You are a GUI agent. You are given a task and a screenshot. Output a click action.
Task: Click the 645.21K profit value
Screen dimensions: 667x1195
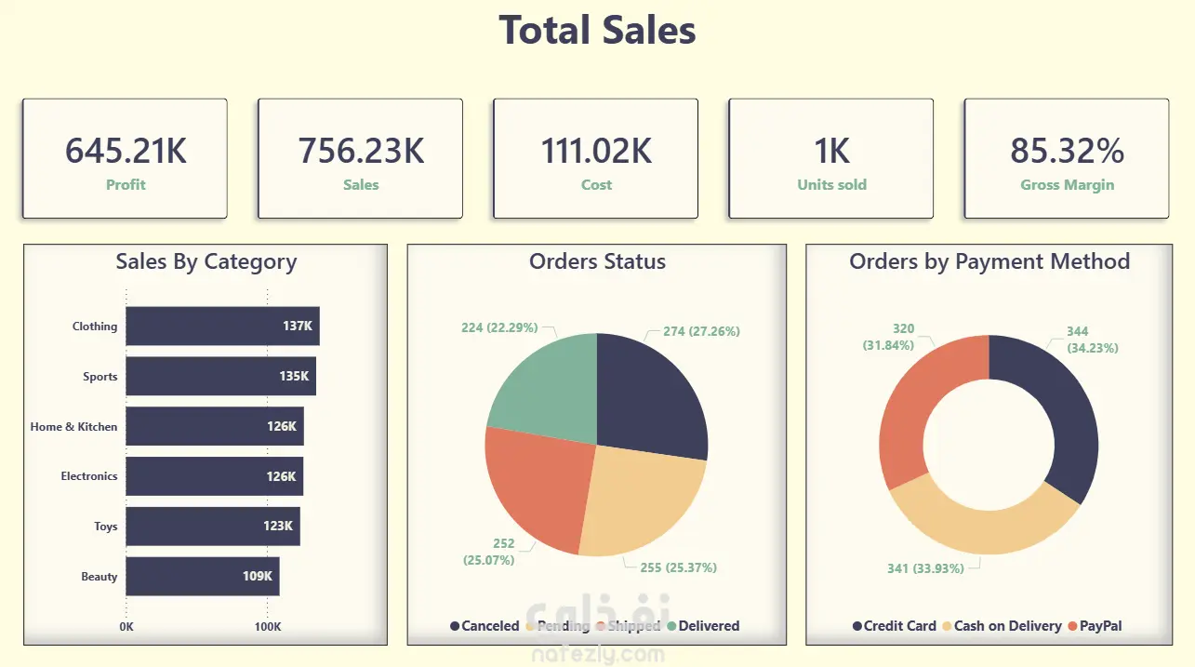coord(125,151)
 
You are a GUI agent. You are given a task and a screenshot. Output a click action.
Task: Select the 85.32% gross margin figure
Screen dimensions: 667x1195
coord(1067,151)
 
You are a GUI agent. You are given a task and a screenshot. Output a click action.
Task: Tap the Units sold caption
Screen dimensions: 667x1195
coord(831,184)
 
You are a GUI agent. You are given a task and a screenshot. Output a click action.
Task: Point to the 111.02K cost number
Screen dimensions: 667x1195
coord(596,151)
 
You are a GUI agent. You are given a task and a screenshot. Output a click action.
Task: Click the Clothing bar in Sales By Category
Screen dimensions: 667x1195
coord(222,327)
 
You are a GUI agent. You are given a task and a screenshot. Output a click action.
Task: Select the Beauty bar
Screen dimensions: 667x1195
coord(202,577)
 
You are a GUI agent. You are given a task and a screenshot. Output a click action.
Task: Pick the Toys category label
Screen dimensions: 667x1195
coord(105,527)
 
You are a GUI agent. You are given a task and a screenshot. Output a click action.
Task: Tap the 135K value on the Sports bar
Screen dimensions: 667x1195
coord(294,377)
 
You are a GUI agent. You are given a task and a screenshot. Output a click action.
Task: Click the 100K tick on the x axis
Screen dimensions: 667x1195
coord(268,627)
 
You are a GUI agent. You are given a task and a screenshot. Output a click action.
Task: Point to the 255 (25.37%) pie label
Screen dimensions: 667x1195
coord(677,567)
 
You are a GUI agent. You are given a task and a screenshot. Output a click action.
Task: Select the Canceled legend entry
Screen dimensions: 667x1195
coord(485,626)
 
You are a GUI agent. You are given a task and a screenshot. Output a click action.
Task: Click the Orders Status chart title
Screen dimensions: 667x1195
coord(597,261)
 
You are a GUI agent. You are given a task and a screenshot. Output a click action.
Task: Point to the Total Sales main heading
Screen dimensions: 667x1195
coord(597,30)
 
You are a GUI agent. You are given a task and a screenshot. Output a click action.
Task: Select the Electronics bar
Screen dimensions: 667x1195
coord(214,476)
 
